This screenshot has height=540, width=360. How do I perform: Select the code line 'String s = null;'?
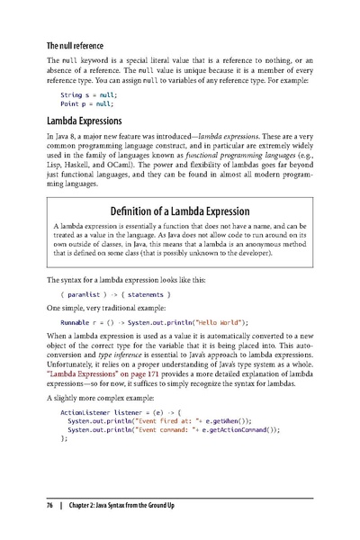(x=87, y=94)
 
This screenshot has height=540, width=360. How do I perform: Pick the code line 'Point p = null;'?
(x=85, y=103)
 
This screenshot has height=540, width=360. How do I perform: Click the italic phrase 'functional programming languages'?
(x=230, y=157)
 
